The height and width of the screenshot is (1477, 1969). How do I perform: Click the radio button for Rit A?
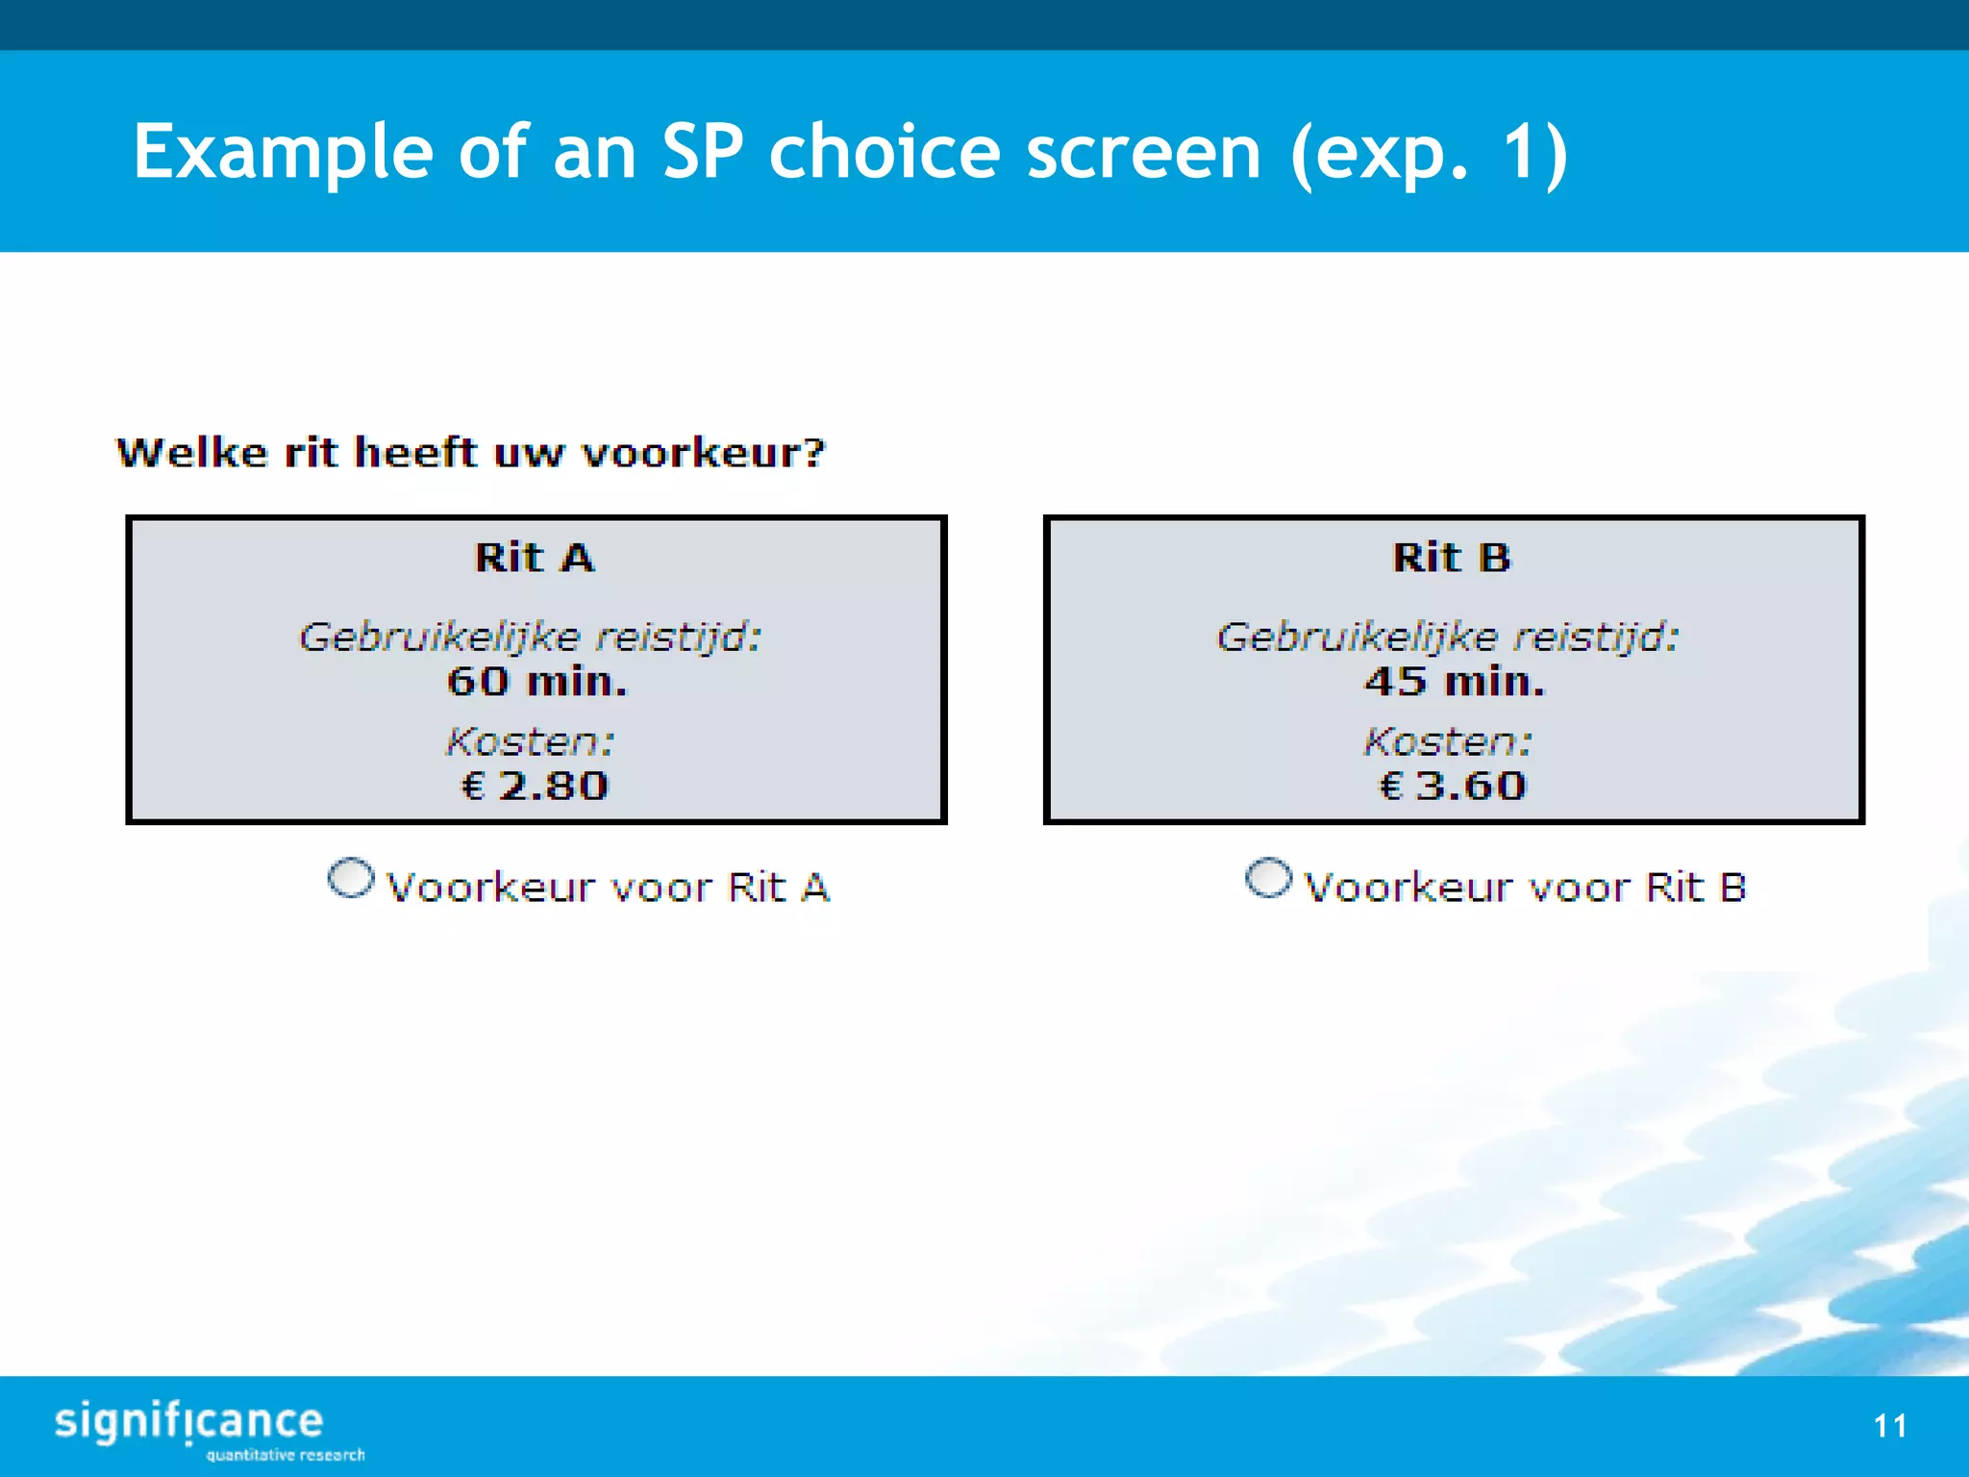[350, 879]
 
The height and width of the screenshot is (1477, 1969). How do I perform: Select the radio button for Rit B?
[1268, 879]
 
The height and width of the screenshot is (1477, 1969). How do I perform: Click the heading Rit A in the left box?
[535, 558]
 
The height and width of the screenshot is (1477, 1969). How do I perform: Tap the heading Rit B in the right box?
[1452, 558]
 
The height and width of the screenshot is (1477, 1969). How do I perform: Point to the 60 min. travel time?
[536, 682]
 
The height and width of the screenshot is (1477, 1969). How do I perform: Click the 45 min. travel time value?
[1455, 682]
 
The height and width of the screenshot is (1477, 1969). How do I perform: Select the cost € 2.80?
[536, 786]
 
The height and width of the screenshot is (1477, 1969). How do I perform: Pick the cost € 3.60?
[1453, 786]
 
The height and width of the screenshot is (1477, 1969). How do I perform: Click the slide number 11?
[1890, 1425]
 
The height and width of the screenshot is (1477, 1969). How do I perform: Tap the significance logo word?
[188, 1421]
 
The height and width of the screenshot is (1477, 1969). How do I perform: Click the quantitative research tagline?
[286, 1455]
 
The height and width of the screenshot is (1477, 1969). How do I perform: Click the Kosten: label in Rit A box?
[530, 741]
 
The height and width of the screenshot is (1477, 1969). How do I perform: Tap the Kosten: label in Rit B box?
[1448, 741]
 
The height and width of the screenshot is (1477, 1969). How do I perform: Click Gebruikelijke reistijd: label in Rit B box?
[1448, 637]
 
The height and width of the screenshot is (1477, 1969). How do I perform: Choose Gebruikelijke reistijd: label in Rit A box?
[530, 637]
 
